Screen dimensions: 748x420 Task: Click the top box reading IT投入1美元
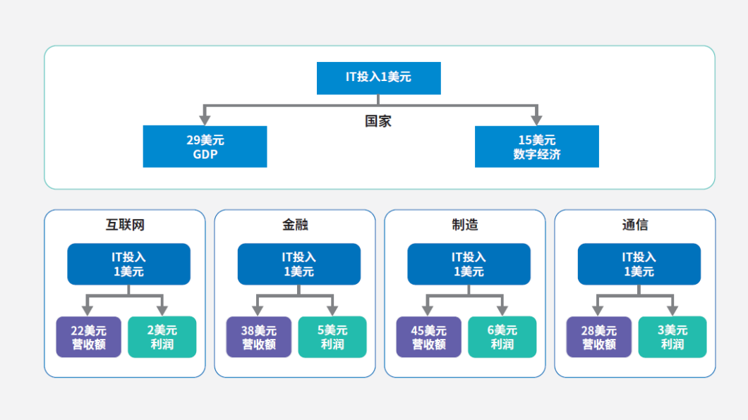pyautogui.click(x=379, y=78)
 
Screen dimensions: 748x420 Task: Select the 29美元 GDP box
pyautogui.click(x=205, y=147)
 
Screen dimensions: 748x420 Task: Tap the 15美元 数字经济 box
pyautogui.click(x=537, y=147)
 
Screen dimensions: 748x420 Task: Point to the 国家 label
pyautogui.click(x=378, y=121)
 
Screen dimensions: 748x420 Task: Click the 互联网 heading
pyautogui.click(x=125, y=225)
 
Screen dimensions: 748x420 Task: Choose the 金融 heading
pyautogui.click(x=295, y=225)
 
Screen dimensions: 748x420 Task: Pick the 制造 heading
pyautogui.click(x=465, y=225)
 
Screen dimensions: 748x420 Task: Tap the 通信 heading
pyautogui.click(x=635, y=225)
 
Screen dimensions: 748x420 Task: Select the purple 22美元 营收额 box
pyautogui.click(x=89, y=337)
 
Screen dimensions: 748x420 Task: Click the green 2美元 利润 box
pyautogui.click(x=162, y=337)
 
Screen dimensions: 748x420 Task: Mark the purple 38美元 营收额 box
pyautogui.click(x=258, y=337)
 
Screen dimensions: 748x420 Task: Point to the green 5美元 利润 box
pyautogui.click(x=332, y=337)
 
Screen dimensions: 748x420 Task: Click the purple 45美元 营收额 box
pyautogui.click(x=429, y=337)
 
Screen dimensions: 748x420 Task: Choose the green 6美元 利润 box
pyautogui.click(x=502, y=337)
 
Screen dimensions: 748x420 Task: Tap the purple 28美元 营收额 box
pyautogui.click(x=598, y=337)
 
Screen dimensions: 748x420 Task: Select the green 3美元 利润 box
pyautogui.click(x=672, y=337)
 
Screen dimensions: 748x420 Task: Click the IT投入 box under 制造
pyautogui.click(x=469, y=264)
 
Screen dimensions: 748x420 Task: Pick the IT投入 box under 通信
pyautogui.click(x=639, y=264)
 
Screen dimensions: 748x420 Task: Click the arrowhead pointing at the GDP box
pyautogui.click(x=205, y=120)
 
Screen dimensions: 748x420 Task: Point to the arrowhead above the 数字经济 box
pyautogui.click(x=537, y=120)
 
